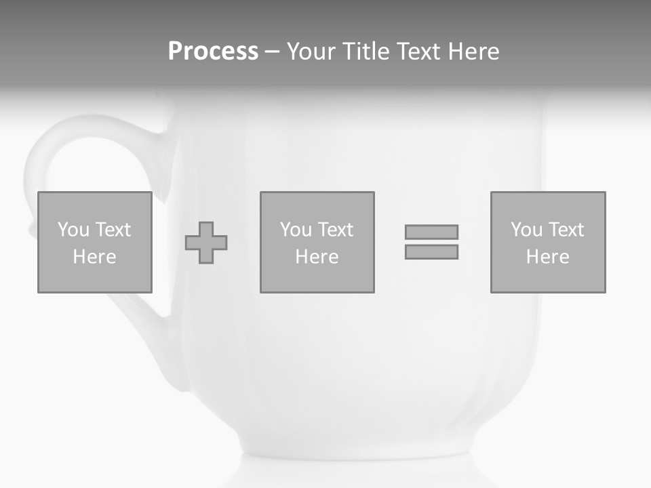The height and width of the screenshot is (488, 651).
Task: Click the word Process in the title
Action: click(213, 52)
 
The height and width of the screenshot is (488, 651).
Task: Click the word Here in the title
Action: click(473, 52)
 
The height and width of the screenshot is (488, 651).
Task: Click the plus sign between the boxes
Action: click(206, 243)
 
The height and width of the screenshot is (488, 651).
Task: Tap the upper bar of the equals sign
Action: click(431, 232)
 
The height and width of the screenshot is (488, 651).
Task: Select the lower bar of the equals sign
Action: click(431, 252)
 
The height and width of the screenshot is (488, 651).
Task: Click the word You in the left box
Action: click(73, 230)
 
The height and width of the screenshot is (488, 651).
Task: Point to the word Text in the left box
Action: click(113, 230)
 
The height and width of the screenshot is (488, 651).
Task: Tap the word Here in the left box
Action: click(94, 257)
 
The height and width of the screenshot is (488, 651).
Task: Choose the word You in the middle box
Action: click(296, 230)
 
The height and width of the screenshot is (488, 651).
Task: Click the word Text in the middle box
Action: click(335, 230)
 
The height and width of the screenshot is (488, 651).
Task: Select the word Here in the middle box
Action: click(317, 257)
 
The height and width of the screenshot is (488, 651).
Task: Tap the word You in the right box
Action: click(526, 230)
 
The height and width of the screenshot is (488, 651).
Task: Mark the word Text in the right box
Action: click(566, 230)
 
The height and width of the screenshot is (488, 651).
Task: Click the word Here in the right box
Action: click(547, 257)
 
